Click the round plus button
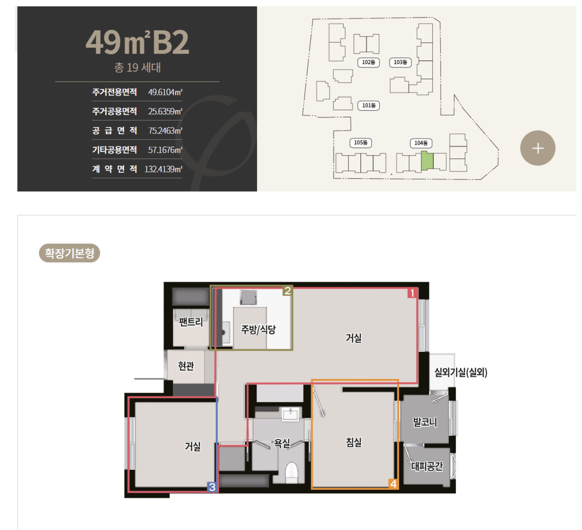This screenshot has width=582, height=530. (537, 148)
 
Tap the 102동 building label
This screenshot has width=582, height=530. (368, 62)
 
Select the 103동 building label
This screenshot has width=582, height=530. (400, 62)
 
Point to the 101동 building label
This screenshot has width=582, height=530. (368, 105)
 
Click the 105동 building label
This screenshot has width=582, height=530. (361, 143)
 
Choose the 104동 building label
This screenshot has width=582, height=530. (421, 143)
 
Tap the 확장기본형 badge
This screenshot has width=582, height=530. (70, 253)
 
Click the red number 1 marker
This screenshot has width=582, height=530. (412, 293)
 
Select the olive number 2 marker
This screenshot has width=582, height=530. (287, 291)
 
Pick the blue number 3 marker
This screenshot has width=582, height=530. (212, 487)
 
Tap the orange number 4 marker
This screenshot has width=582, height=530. (393, 484)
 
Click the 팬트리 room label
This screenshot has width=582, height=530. (191, 322)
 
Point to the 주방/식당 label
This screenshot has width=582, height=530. (258, 329)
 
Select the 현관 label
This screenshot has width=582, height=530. (185, 366)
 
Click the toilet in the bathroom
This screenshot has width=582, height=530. (291, 473)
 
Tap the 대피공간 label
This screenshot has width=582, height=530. (427, 466)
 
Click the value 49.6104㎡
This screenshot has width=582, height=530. (165, 92)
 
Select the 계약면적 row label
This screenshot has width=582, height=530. (114, 169)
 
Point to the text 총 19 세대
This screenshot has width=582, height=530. (137, 67)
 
